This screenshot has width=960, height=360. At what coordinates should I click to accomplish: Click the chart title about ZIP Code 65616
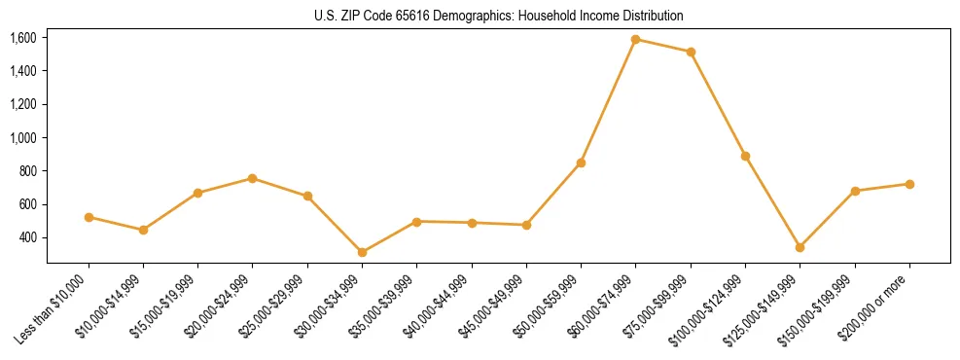[x=499, y=16]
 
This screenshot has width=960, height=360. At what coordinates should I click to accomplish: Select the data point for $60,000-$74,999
[x=636, y=40]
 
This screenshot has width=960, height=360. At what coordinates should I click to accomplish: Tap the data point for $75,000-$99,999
[x=691, y=52]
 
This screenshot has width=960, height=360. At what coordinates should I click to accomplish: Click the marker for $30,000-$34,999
[x=362, y=252]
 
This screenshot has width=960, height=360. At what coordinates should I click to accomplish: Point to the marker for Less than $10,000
[x=89, y=217]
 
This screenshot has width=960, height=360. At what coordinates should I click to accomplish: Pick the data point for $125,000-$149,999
[x=800, y=247]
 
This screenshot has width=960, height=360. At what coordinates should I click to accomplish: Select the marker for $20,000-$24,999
[x=253, y=178]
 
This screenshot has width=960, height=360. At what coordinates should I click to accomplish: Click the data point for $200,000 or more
[x=909, y=184]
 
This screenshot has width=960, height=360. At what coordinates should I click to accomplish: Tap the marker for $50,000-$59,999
[x=581, y=162]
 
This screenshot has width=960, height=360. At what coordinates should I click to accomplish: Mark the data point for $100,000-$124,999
[x=745, y=156]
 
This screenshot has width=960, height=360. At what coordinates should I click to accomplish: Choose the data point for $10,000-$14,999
[x=143, y=230]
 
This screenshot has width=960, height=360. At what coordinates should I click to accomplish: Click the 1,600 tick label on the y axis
[x=23, y=38]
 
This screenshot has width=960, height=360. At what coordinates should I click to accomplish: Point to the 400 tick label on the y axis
[x=27, y=237]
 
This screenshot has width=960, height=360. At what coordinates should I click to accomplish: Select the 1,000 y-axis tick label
[x=23, y=138]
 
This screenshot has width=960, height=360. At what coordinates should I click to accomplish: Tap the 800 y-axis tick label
[x=27, y=171]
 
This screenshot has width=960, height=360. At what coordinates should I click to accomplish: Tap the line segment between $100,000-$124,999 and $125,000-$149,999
[x=772, y=201]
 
